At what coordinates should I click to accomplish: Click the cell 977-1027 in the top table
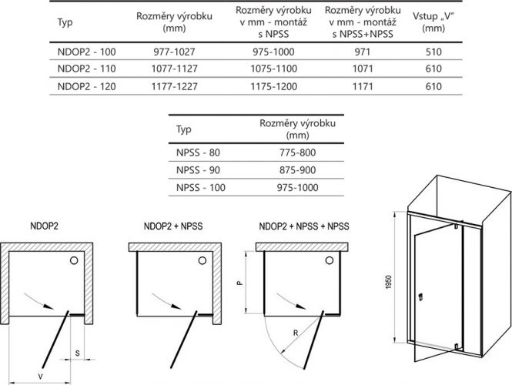(174, 52)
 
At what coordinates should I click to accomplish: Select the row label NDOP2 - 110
(86, 69)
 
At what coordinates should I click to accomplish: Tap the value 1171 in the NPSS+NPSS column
(363, 86)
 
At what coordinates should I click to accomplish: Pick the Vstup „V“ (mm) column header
(433, 22)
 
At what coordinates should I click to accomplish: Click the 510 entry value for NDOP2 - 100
(433, 52)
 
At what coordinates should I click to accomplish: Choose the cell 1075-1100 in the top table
(273, 69)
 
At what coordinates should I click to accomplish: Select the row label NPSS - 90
(198, 170)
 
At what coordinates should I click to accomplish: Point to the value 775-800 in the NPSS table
(297, 152)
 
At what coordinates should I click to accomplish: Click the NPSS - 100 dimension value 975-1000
(297, 187)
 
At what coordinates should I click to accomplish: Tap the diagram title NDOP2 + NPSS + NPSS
(304, 226)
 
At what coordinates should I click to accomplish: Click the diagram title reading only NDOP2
(44, 226)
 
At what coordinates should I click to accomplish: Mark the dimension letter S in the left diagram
(78, 353)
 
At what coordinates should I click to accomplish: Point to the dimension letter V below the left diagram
(41, 377)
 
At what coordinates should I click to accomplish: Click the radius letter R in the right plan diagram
(296, 333)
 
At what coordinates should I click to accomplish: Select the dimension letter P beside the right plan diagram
(240, 283)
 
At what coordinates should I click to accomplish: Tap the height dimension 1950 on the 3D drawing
(388, 282)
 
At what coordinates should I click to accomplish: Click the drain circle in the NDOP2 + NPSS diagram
(202, 260)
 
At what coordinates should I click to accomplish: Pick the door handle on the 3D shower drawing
(421, 296)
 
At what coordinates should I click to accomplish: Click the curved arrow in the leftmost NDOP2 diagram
(38, 301)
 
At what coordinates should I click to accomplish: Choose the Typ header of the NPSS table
(183, 129)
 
